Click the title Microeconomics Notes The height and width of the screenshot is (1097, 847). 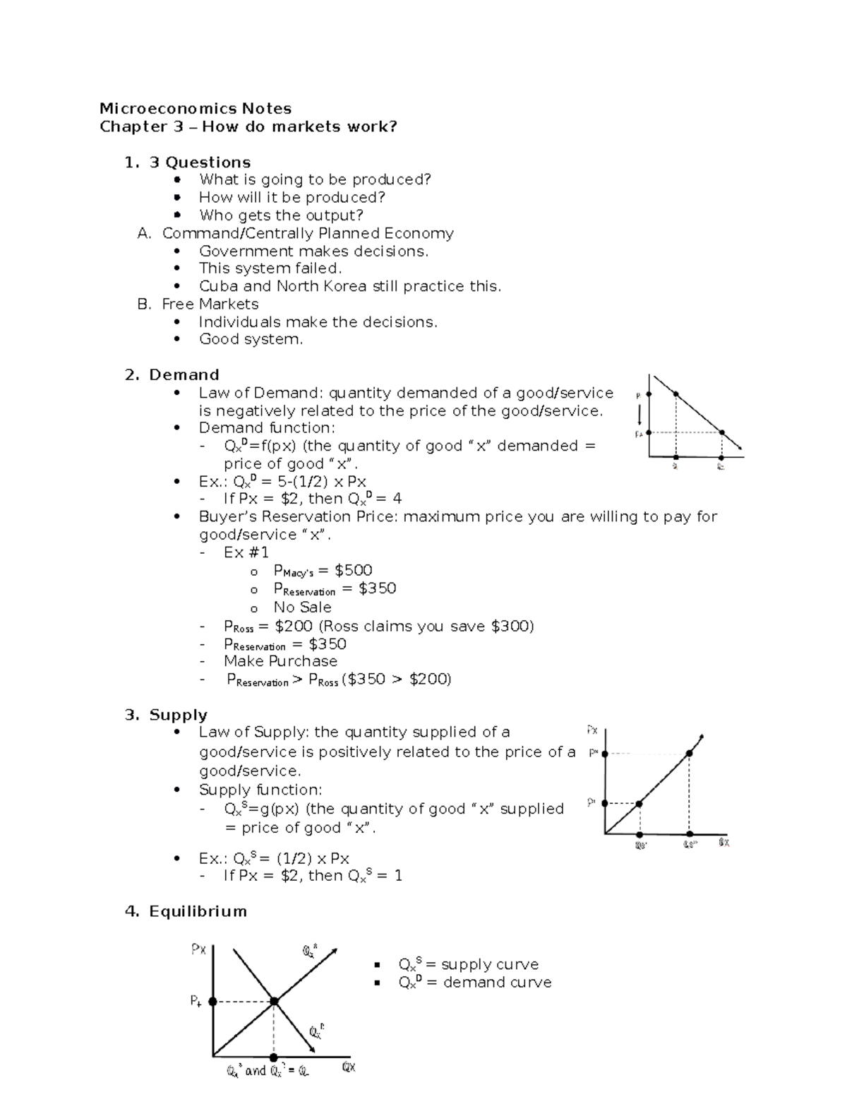tap(196, 109)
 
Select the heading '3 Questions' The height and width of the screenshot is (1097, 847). tap(200, 162)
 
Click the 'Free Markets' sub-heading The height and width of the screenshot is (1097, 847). tap(210, 304)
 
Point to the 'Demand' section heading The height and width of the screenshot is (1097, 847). tap(184, 375)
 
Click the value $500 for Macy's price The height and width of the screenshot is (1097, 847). tap(353, 570)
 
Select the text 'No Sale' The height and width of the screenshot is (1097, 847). tap(302, 607)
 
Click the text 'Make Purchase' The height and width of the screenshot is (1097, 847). tap(280, 661)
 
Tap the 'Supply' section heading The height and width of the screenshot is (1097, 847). tap(178, 715)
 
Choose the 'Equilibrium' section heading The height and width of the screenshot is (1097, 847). tap(198, 911)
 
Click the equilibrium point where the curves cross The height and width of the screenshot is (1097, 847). tap(274, 1001)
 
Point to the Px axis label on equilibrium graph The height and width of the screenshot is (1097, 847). tap(198, 950)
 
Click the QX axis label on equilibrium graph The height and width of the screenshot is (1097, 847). tap(349, 1067)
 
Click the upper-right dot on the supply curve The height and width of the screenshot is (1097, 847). tap(690, 754)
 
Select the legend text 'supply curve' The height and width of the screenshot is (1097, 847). tap(489, 964)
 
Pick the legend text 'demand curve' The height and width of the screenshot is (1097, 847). tap(497, 983)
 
